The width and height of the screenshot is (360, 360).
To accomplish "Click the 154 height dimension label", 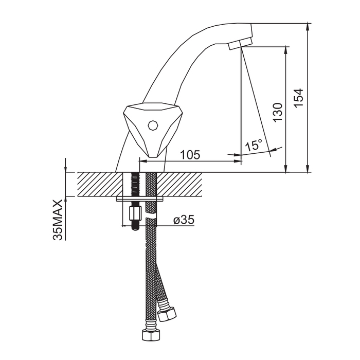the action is pyautogui.click(x=299, y=97).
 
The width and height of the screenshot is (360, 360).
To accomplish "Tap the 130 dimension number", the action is pyautogui.click(x=277, y=113).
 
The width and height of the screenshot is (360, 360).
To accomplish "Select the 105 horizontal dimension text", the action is pyautogui.click(x=190, y=154).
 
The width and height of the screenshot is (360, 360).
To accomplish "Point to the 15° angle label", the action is pyautogui.click(x=254, y=145).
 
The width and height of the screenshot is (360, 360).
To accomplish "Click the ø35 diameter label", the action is pyautogui.click(x=184, y=220).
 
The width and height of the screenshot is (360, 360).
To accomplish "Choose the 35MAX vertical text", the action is pyautogui.click(x=58, y=220).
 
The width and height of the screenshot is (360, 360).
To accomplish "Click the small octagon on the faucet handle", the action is pyautogui.click(x=152, y=125).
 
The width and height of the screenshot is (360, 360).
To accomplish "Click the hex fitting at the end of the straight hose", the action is pyautogui.click(x=151, y=335).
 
